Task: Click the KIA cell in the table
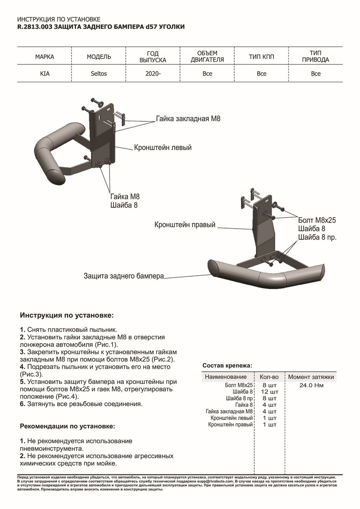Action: coord(45,73)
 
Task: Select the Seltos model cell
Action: coord(99,73)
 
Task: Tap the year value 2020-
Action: coord(153,73)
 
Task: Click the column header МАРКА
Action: coord(45,56)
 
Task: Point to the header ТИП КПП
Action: coord(261,56)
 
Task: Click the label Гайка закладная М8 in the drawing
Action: coord(188,119)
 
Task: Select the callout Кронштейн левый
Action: coord(163,148)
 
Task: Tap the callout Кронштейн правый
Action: coord(185,224)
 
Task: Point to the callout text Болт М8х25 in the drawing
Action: coord(317,220)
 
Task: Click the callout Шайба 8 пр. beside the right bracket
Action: coord(317,238)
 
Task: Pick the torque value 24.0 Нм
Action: coord(311,386)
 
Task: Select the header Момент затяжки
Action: coord(311,377)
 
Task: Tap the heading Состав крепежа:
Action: coord(227,365)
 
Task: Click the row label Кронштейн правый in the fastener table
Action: coord(231,424)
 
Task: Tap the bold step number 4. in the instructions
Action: coord(23,366)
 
